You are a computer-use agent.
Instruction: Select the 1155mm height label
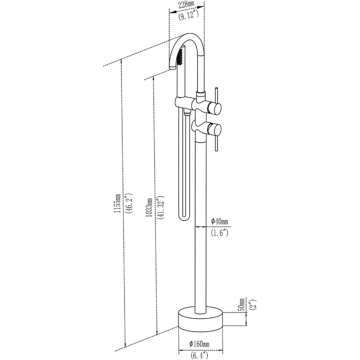coord(117,204)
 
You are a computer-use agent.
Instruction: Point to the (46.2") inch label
coord(129,204)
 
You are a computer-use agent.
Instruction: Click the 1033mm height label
coord(149,207)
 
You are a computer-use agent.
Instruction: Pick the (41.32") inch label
coord(162,207)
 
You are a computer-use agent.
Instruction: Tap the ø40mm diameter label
coord(220,221)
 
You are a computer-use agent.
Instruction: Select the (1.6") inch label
coord(220,233)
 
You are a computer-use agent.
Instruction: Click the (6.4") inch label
coord(200,355)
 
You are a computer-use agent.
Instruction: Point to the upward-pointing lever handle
coord(217,95)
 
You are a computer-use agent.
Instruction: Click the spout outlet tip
coord(172,68)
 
